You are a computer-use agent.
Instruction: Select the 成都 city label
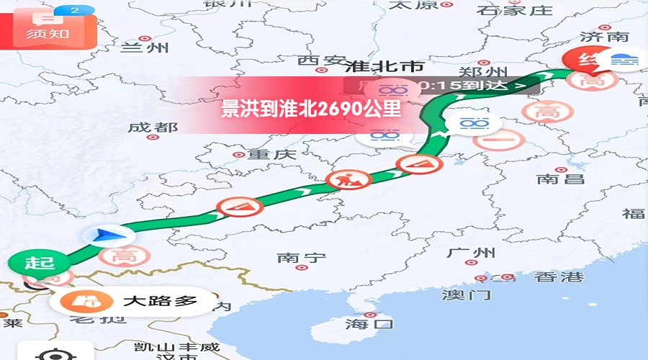pyautogui.click(x=153, y=127)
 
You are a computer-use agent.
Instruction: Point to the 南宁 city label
pyautogui.click(x=302, y=257)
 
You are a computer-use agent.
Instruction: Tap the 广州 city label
pyautogui.click(x=472, y=253)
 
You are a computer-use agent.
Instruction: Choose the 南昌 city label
pyautogui.click(x=560, y=179)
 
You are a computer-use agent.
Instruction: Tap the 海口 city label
pyautogui.click(x=369, y=323)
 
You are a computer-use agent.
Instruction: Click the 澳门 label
pyautogui.click(x=466, y=294)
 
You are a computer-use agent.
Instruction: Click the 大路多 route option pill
pyautogui.click(x=134, y=300)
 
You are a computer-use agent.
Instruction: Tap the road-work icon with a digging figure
pyautogui.click(x=345, y=179)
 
